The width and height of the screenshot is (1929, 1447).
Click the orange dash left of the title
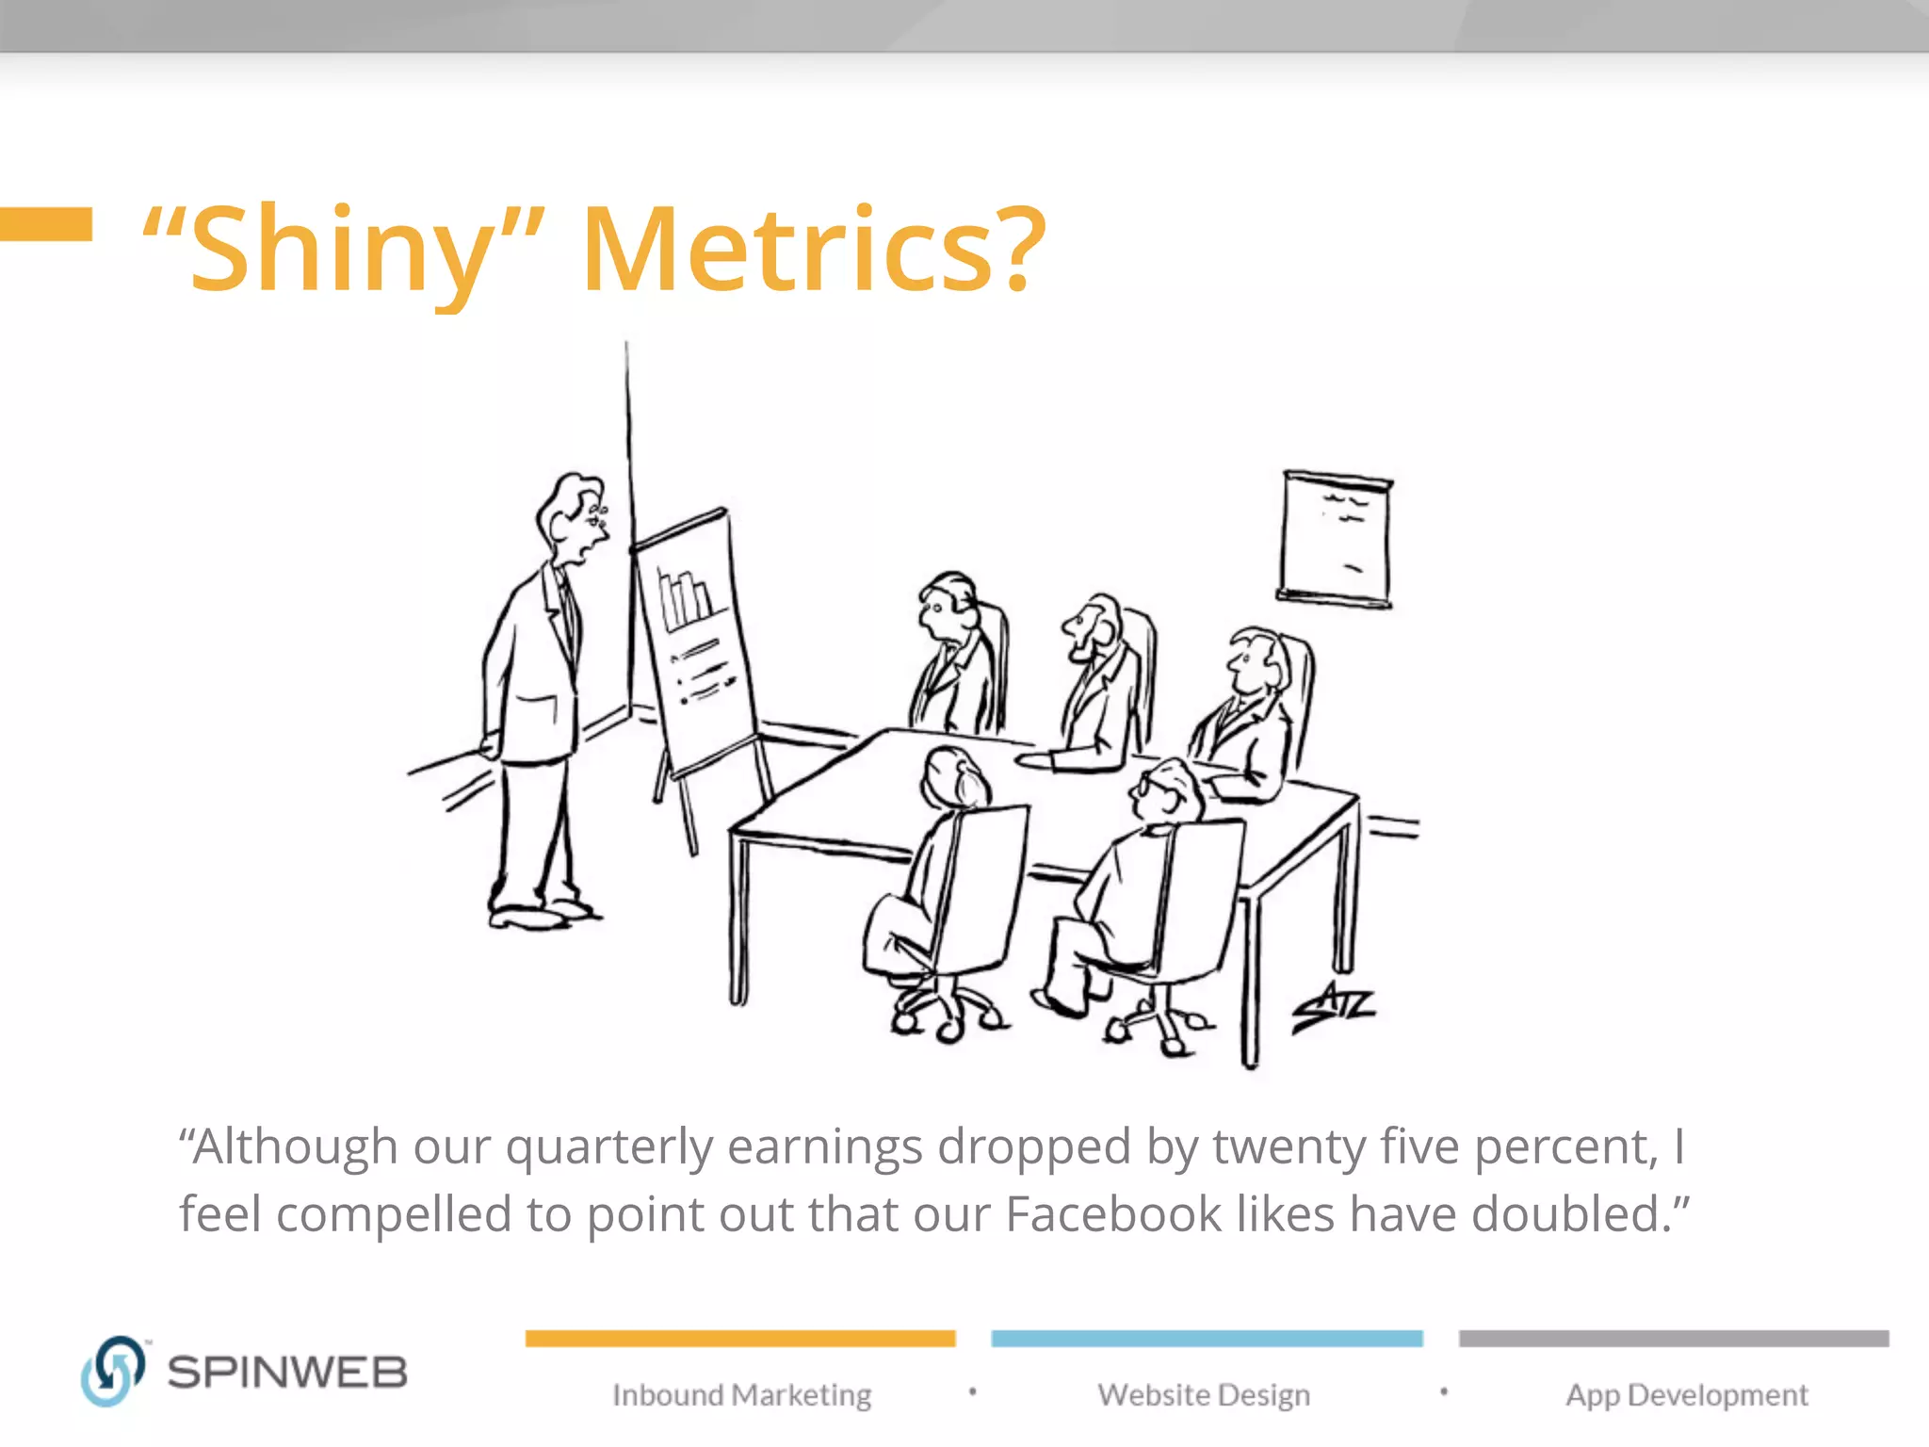click(x=45, y=224)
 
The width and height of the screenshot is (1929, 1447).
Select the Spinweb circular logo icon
click(x=112, y=1371)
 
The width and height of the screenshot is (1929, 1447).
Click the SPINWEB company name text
click(x=287, y=1373)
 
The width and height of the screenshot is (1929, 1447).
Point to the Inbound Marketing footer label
click(x=741, y=1394)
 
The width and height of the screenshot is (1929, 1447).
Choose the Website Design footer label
click(x=1204, y=1394)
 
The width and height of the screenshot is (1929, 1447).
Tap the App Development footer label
click(x=1686, y=1394)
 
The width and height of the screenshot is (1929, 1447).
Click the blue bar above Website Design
click(x=1207, y=1339)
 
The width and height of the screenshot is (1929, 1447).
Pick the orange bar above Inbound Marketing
click(x=740, y=1339)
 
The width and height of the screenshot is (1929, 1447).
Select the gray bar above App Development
click(x=1674, y=1339)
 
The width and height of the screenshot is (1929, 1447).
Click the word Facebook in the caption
click(x=1113, y=1213)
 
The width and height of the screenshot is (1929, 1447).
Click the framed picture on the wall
click(x=1336, y=539)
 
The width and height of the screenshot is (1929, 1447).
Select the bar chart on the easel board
click(x=686, y=597)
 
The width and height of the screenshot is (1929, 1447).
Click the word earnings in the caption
click(x=825, y=1146)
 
